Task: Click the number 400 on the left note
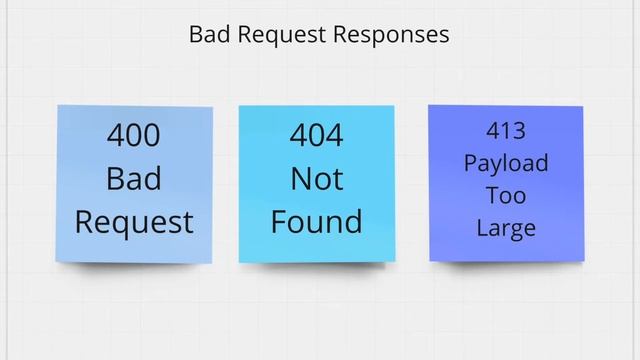pyautogui.click(x=133, y=136)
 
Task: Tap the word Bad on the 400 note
pyautogui.click(x=133, y=179)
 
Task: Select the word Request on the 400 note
pyautogui.click(x=134, y=222)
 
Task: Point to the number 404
pyautogui.click(x=316, y=136)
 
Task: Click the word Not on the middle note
pyautogui.click(x=316, y=179)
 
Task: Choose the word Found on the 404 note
pyautogui.click(x=316, y=221)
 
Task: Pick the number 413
pyautogui.click(x=506, y=130)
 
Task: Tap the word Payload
pyautogui.click(x=506, y=163)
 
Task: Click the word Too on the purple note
pyautogui.click(x=506, y=194)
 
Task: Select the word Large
pyautogui.click(x=506, y=228)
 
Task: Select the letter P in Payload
pyautogui.click(x=469, y=162)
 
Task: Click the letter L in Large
pyautogui.click(x=482, y=227)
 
